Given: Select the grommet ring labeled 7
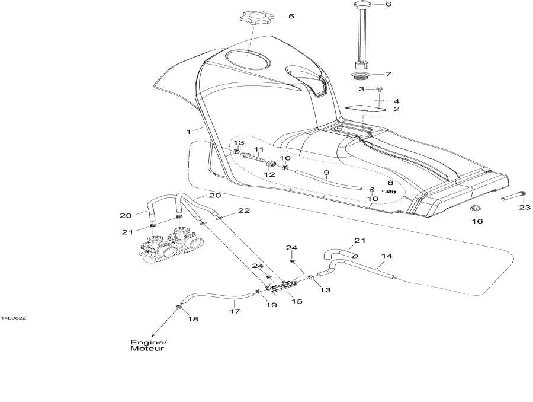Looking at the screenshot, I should (x=358, y=76).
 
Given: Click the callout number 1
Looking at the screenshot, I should (x=189, y=130).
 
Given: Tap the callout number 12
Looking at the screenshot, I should (x=269, y=174).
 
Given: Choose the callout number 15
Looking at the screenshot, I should (x=297, y=301).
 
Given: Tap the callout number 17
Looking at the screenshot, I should (x=235, y=310).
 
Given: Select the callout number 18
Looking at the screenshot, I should (x=193, y=319).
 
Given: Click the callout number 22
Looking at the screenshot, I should (x=243, y=210).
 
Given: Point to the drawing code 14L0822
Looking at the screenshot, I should (x=12, y=318).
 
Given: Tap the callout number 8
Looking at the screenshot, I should (x=390, y=183).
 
